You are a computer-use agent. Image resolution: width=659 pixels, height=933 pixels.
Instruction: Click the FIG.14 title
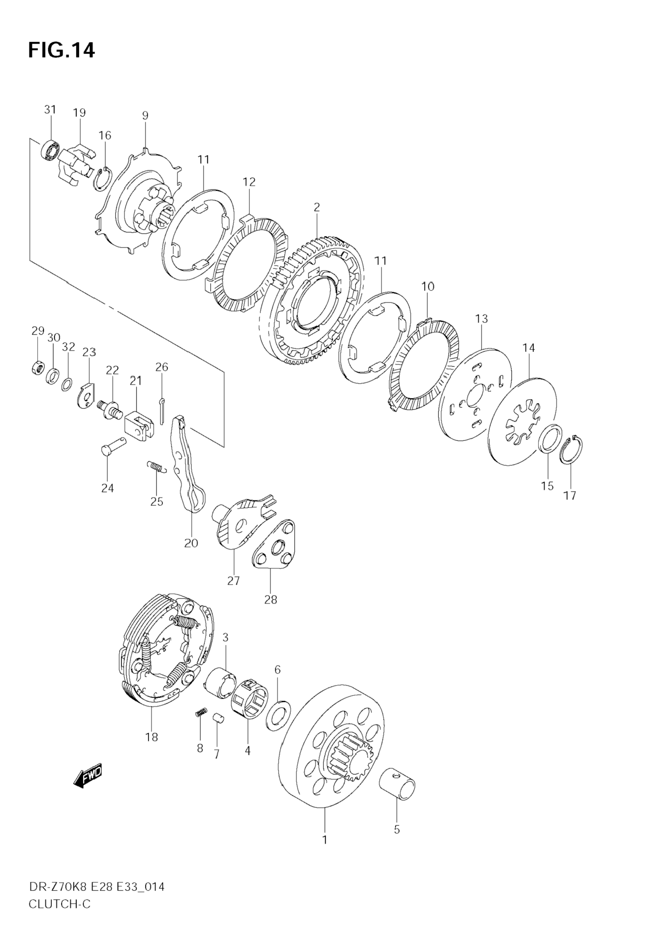61,51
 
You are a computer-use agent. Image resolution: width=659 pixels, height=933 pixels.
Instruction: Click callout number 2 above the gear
317,207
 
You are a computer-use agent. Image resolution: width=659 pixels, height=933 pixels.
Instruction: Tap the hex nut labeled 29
37,368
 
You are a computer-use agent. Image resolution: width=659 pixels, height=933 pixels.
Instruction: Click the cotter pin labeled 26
162,411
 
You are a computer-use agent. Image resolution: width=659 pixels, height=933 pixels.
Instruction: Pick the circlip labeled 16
102,179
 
